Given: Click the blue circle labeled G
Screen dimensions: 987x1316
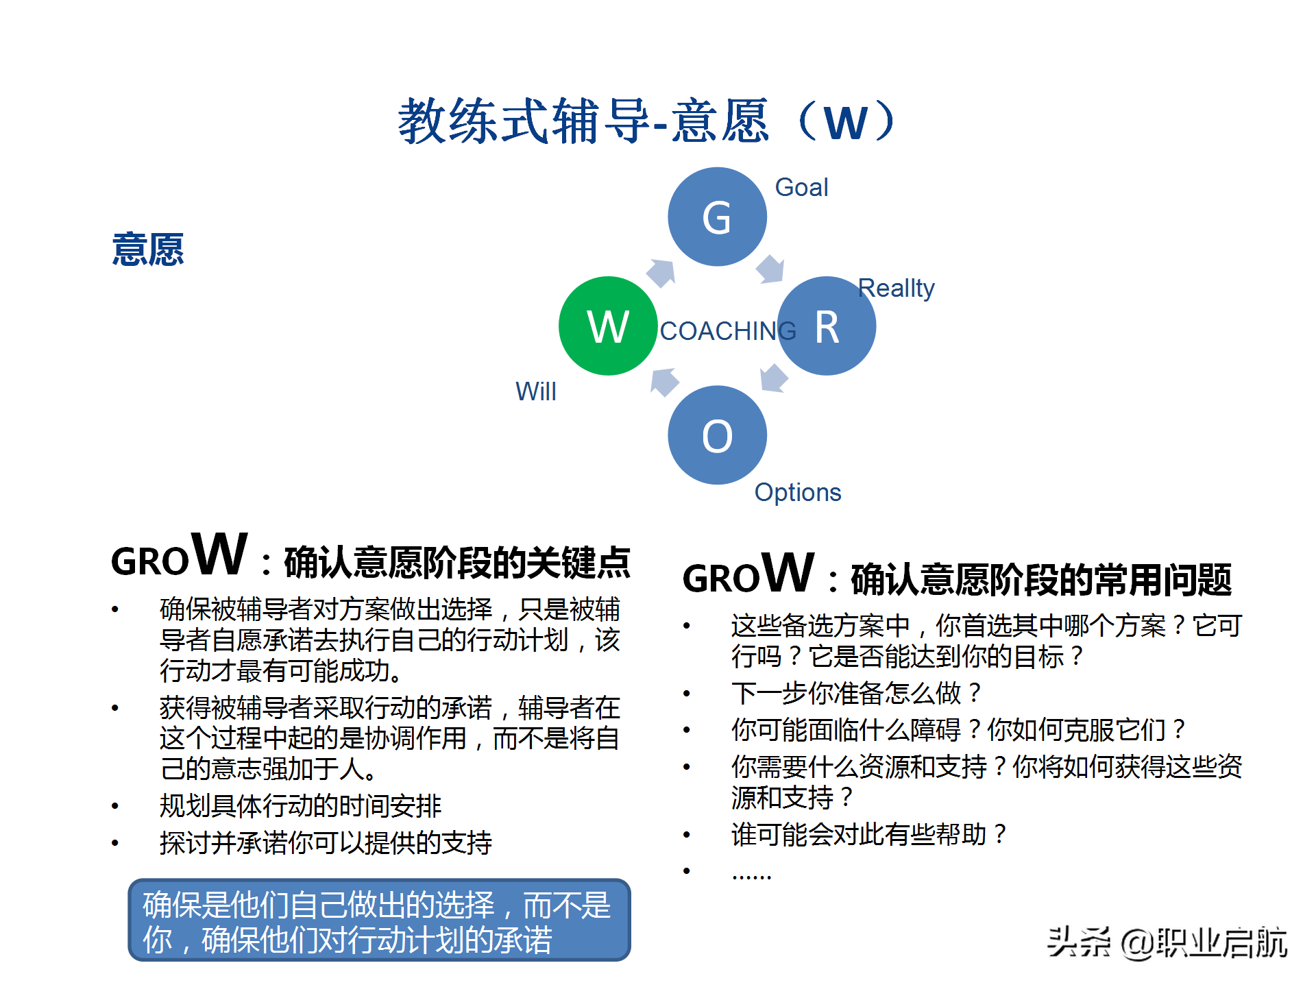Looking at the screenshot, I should click(717, 217).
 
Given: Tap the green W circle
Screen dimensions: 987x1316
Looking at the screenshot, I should click(608, 326).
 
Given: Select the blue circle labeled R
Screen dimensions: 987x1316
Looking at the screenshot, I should click(827, 326).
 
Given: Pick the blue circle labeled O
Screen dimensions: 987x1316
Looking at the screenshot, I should click(717, 435).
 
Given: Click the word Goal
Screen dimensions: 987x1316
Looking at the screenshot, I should click(801, 187).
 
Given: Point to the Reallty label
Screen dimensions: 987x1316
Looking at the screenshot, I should click(896, 288).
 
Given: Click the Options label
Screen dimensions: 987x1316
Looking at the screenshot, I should click(797, 492).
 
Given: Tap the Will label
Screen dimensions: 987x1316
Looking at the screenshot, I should click(535, 391).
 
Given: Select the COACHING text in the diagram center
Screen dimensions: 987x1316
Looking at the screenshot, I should click(727, 331).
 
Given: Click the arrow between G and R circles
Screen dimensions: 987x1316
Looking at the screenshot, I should click(771, 269).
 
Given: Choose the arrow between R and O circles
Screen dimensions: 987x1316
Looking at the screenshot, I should click(774, 378).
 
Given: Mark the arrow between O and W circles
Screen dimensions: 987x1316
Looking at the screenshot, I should click(663, 382).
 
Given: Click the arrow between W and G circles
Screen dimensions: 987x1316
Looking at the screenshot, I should click(661, 273).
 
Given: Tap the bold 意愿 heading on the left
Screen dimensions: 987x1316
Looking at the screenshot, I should click(148, 249).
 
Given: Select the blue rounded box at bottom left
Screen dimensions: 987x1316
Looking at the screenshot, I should click(379, 920).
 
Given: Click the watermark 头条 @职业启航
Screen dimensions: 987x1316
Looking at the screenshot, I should click(1167, 942).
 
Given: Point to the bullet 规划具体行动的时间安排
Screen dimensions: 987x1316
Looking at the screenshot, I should click(300, 806).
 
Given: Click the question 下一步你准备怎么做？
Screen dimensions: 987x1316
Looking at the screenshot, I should click(857, 694).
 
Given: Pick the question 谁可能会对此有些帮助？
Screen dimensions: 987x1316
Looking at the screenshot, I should click(869, 834).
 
